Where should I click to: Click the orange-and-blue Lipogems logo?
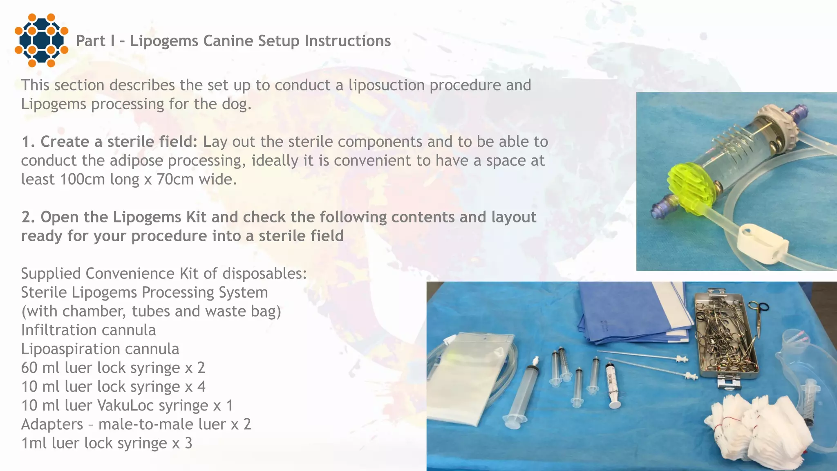(x=41, y=40)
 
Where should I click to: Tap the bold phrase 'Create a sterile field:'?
(x=119, y=141)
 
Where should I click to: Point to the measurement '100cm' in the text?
(x=82, y=179)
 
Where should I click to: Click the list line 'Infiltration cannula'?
(x=88, y=330)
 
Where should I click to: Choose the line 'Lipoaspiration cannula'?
(x=100, y=349)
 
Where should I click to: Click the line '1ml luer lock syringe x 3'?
(x=106, y=443)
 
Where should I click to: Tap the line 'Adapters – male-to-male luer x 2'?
(x=136, y=424)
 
